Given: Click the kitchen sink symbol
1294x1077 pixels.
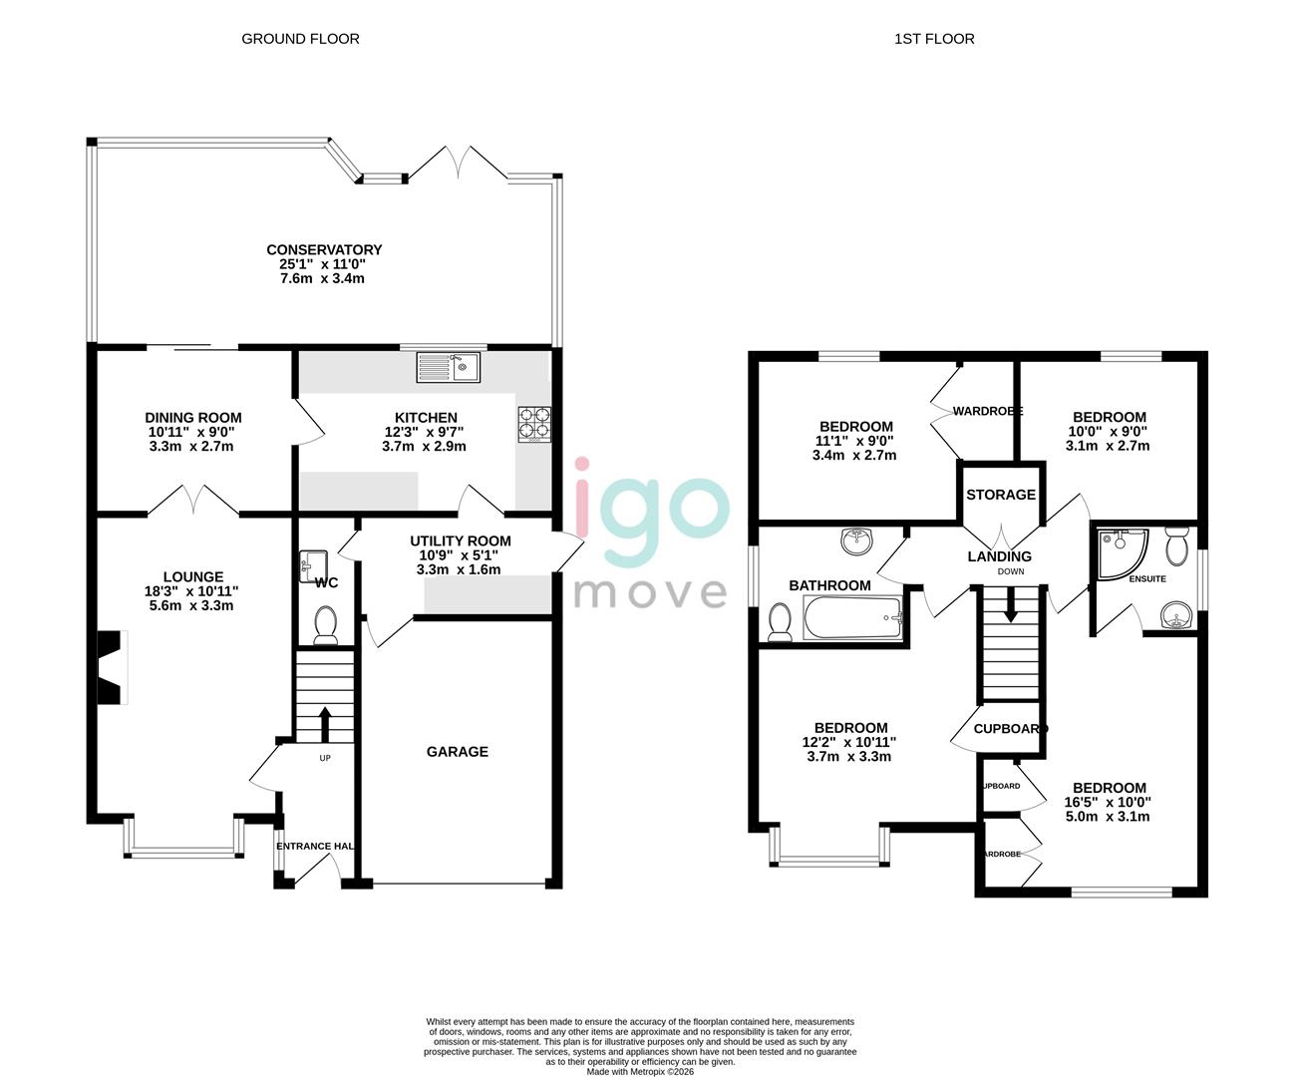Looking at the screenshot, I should (x=449, y=367).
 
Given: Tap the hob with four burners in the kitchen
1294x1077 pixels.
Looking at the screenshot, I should (x=534, y=424).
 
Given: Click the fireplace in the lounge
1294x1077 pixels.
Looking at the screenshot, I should (x=111, y=668).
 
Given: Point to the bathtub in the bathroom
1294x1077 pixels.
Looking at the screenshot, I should (x=852, y=618).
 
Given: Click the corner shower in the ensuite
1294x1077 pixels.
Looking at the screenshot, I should (x=1121, y=551).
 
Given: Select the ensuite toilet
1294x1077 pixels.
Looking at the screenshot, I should (x=1176, y=544).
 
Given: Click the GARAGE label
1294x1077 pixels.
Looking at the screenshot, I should (x=458, y=752).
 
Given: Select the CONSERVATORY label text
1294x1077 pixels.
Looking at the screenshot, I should (x=324, y=250).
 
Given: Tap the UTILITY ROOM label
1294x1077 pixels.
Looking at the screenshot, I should (x=460, y=541).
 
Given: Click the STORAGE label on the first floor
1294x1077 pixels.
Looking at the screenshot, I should (x=1001, y=495).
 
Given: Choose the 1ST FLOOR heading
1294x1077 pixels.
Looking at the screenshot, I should (x=934, y=39).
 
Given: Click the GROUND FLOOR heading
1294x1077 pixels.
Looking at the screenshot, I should (x=300, y=39).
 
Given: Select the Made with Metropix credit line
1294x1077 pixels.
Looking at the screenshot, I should (x=639, y=1072).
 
